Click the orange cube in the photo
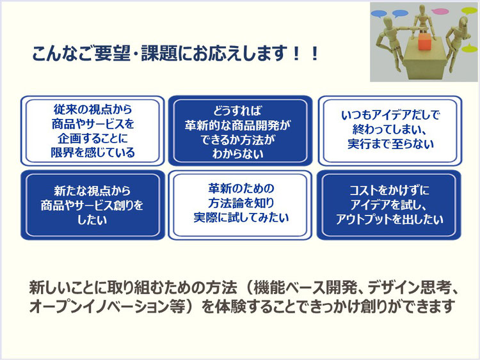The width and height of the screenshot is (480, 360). tap(424, 41)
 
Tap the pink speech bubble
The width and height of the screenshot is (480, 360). tap(440, 12)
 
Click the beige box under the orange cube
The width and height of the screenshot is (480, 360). tap(424, 59)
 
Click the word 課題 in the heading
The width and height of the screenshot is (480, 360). tap(159, 53)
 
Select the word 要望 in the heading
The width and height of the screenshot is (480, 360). tap(112, 53)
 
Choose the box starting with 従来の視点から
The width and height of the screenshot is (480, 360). tap(92, 131)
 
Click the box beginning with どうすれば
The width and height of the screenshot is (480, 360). tap(240, 131)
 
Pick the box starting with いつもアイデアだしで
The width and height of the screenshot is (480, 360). tap(390, 131)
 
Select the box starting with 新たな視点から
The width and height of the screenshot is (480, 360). tap(92, 205)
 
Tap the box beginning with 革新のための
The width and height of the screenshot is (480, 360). tap(240, 205)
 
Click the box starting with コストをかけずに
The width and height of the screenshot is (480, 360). tap(389, 205)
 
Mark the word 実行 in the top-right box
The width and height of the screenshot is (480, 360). tap(360, 144)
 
